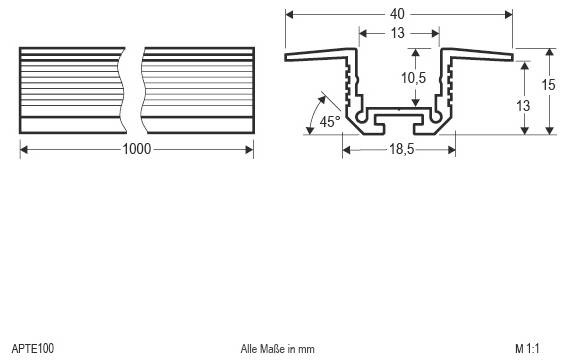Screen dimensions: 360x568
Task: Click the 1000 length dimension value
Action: click(x=137, y=150)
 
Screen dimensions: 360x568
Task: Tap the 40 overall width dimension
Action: click(x=399, y=14)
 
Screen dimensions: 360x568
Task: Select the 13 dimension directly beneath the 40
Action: click(x=399, y=34)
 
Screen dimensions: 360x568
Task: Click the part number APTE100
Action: click(x=34, y=349)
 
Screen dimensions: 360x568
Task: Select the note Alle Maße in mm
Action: click(x=277, y=349)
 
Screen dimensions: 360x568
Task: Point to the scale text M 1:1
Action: click(x=527, y=349)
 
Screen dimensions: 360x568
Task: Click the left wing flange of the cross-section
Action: click(x=318, y=55)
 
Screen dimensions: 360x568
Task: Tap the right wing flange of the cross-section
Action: click(x=480, y=55)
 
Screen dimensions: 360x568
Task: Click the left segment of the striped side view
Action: click(x=70, y=89)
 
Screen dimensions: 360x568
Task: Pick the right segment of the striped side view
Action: click(x=197, y=89)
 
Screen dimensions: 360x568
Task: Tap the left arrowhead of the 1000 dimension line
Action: click(x=24, y=150)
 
